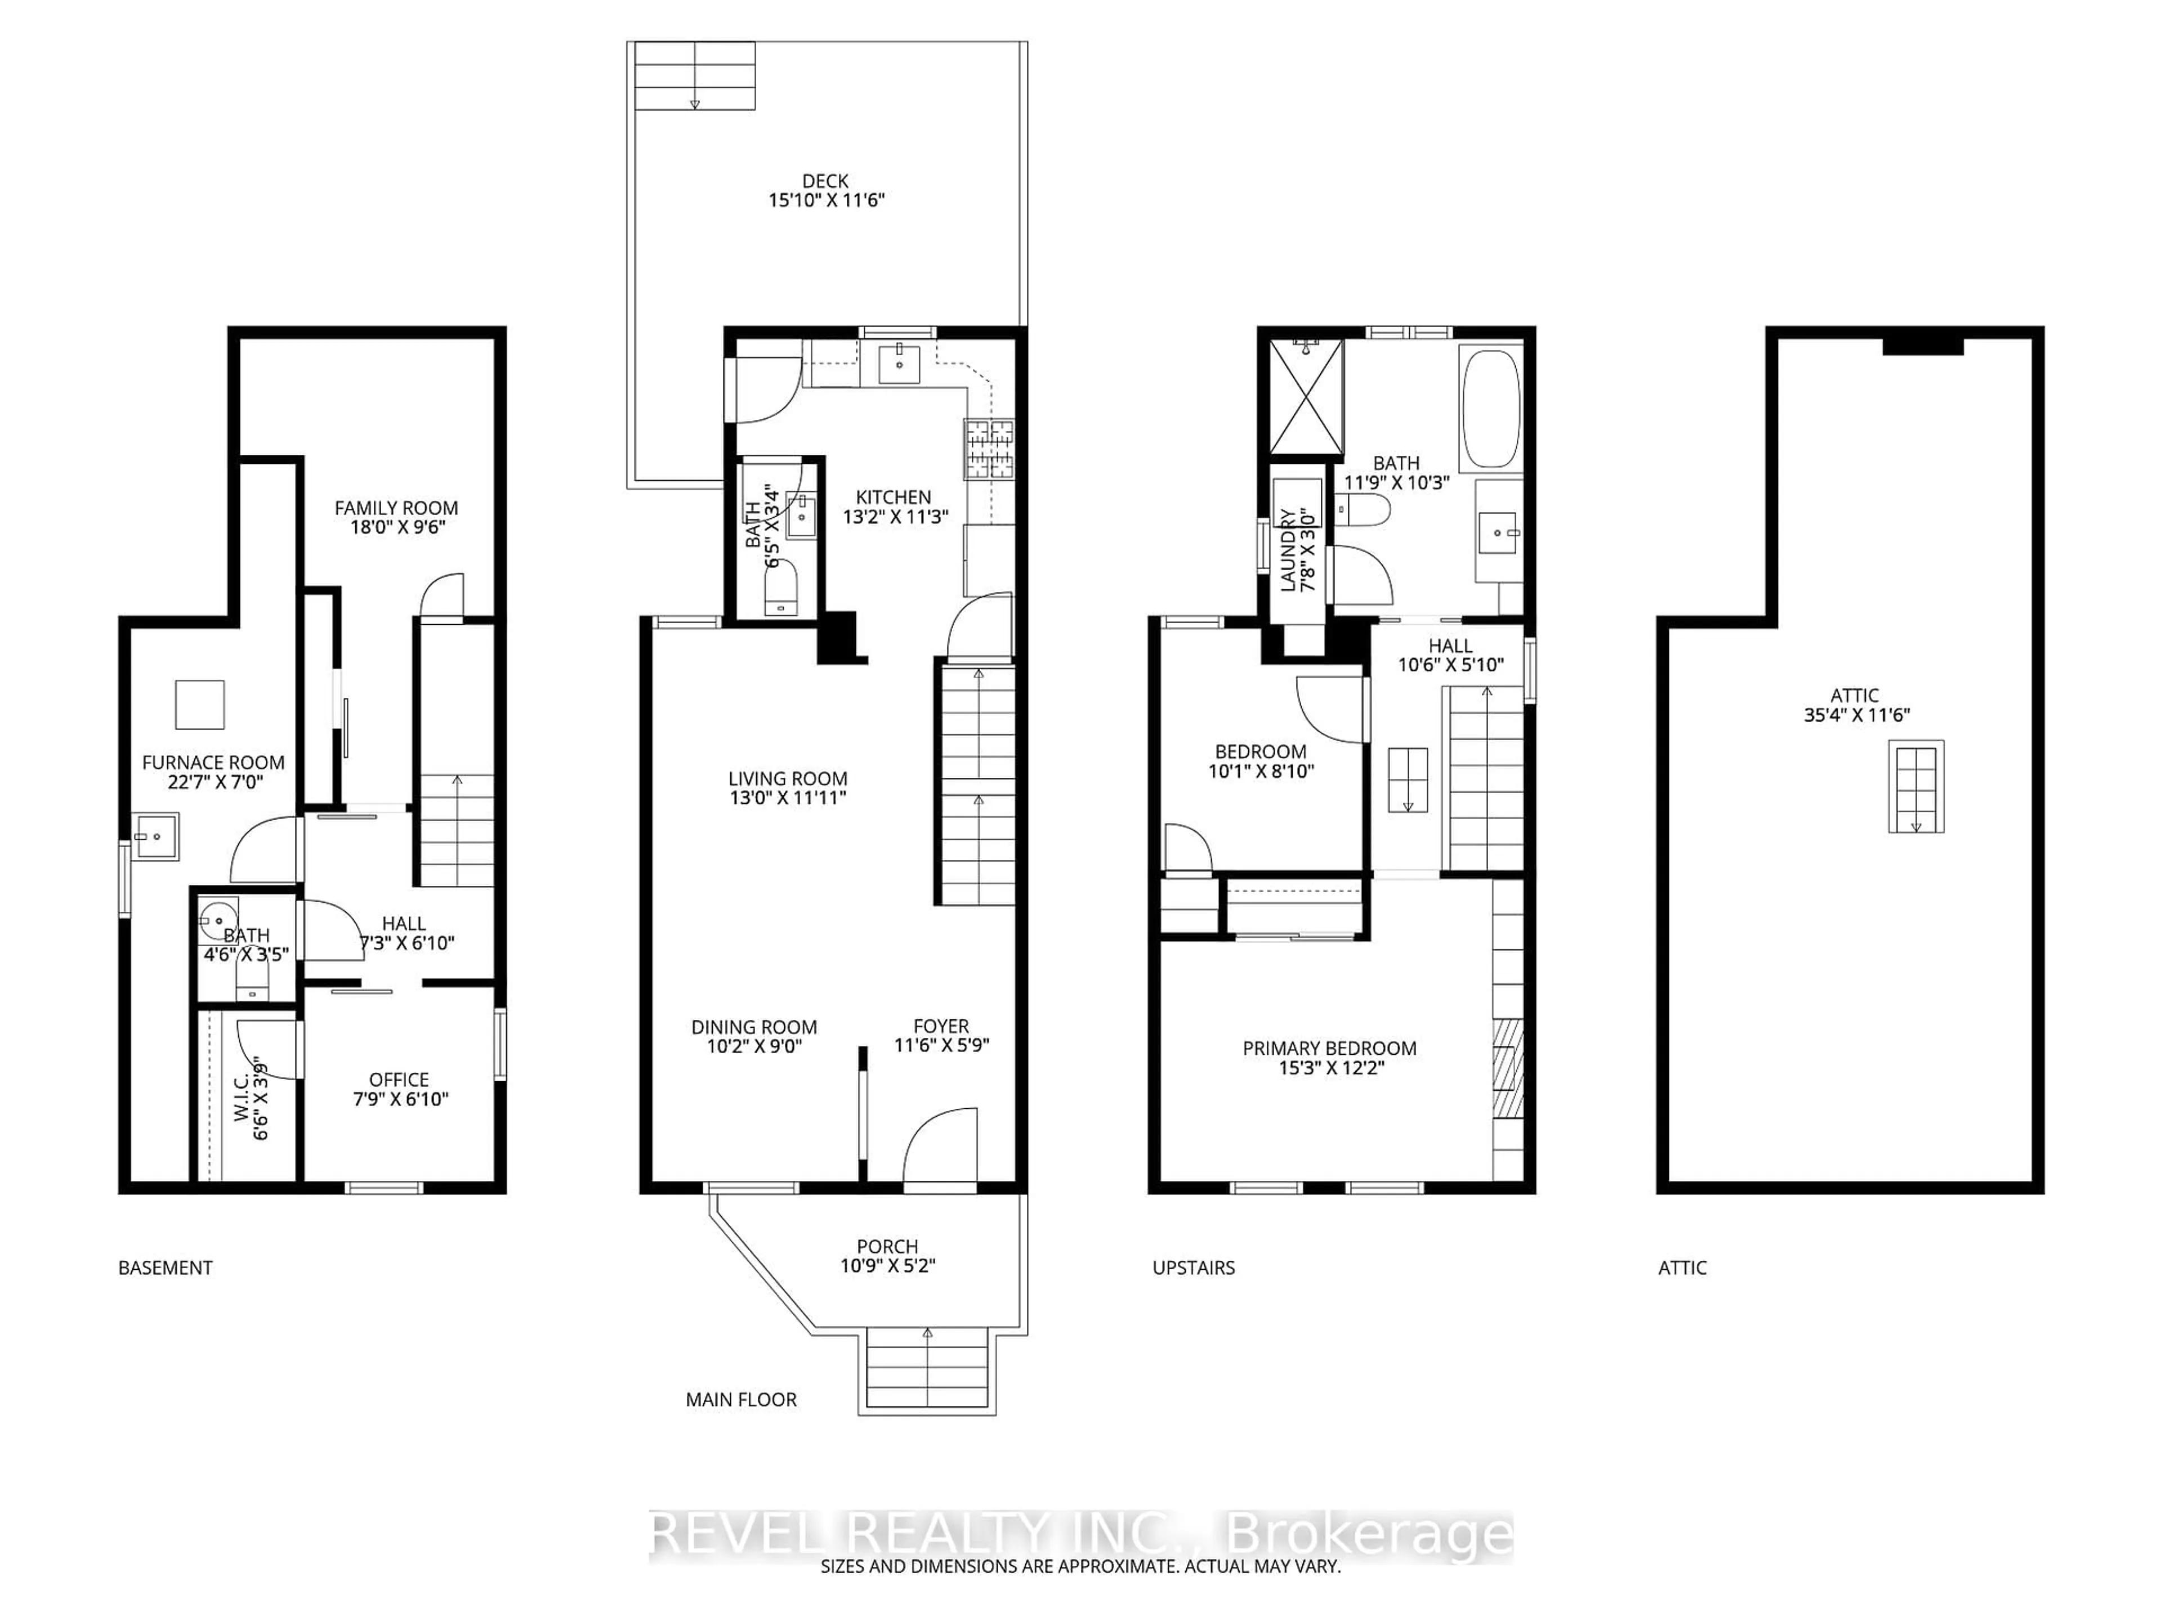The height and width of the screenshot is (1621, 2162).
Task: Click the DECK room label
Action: click(825, 181)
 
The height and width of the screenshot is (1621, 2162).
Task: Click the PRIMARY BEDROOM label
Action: click(1329, 1049)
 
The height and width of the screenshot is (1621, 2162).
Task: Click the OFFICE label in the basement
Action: click(399, 1080)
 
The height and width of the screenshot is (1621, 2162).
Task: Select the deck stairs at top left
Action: click(695, 76)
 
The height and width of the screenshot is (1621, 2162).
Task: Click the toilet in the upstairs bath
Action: click(1364, 509)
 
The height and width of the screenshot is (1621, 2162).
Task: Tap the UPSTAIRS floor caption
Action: click(1194, 1268)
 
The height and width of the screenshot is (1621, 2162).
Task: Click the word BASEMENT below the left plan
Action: click(165, 1268)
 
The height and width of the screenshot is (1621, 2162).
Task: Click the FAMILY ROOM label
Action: click(396, 508)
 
